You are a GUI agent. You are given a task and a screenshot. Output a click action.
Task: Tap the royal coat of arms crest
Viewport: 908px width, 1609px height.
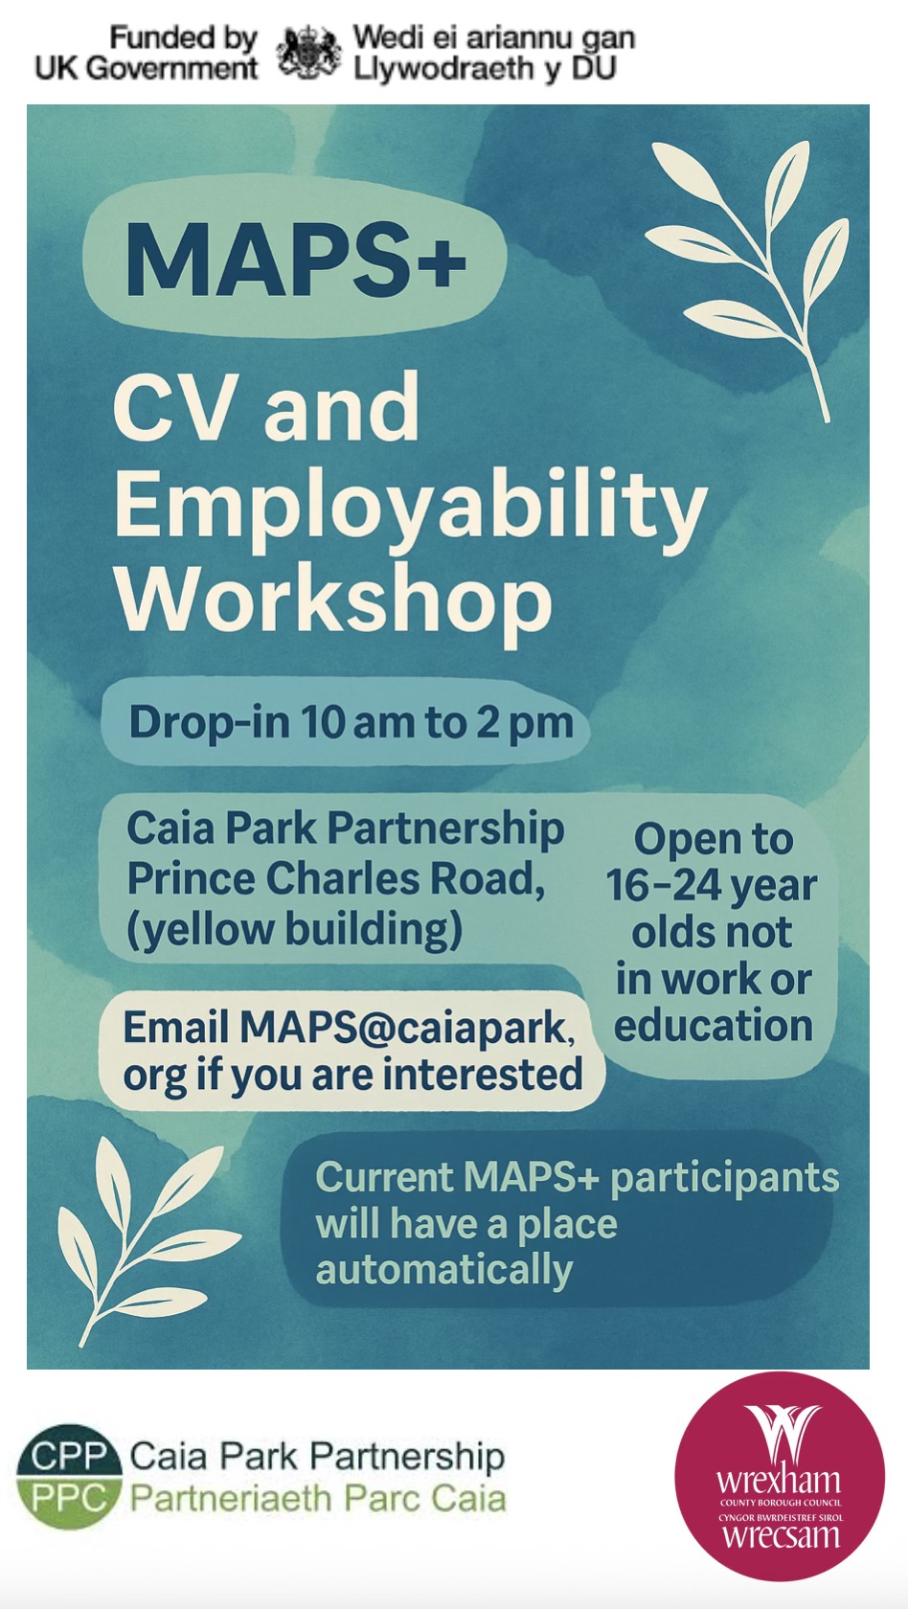pos(308,52)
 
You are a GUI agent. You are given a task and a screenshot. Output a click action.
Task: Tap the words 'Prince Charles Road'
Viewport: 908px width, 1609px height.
pos(335,878)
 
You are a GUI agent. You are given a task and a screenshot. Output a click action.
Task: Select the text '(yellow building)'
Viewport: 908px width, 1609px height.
pos(295,929)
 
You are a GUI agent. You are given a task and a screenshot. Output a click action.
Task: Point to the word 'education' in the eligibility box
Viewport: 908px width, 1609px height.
pos(713,1025)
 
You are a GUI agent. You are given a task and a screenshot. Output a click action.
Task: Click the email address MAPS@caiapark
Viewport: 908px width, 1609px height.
pos(406,1027)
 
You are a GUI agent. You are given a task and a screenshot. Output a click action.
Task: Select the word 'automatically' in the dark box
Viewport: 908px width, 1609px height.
pos(444,1271)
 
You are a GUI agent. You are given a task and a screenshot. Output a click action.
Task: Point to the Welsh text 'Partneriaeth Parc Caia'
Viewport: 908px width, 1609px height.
pos(318,1499)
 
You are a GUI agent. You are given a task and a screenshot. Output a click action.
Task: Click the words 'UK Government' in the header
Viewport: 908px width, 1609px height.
pos(146,69)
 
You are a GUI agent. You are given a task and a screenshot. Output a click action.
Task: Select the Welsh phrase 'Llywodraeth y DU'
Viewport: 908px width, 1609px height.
pos(485,69)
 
